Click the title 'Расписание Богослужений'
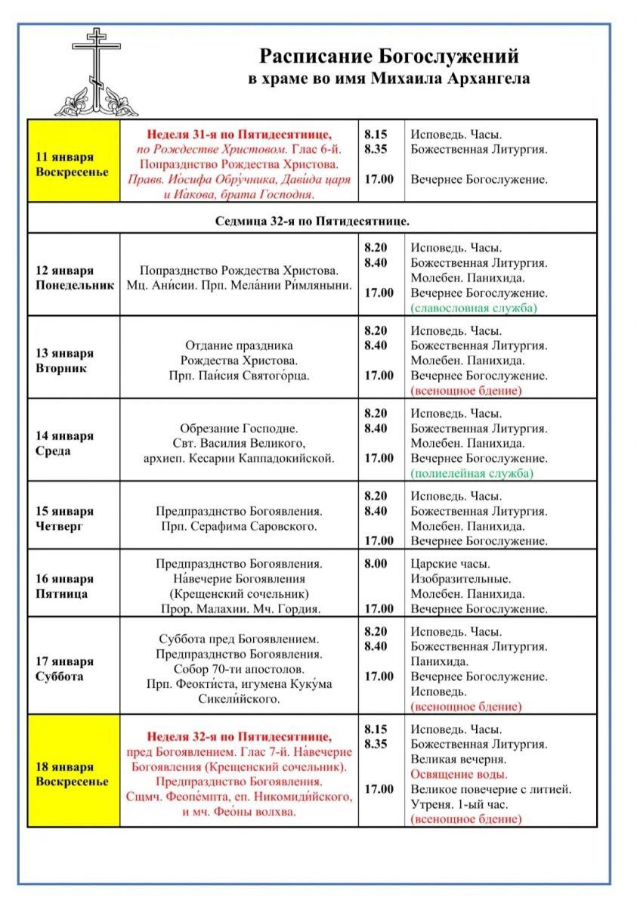tap(389, 57)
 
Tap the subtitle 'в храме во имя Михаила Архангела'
tap(389, 78)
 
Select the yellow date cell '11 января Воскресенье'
tap(73, 164)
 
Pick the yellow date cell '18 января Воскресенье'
tap(73, 774)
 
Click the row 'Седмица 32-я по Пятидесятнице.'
tap(312, 221)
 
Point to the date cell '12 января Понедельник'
tap(73, 277)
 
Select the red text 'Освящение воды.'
tap(459, 775)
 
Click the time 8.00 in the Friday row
tap(375, 564)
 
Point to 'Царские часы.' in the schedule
tap(450, 564)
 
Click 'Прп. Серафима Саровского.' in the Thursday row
tap(239, 526)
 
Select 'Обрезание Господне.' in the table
tap(239, 428)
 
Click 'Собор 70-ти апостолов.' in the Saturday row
tap(239, 669)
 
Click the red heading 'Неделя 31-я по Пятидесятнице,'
tap(239, 135)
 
